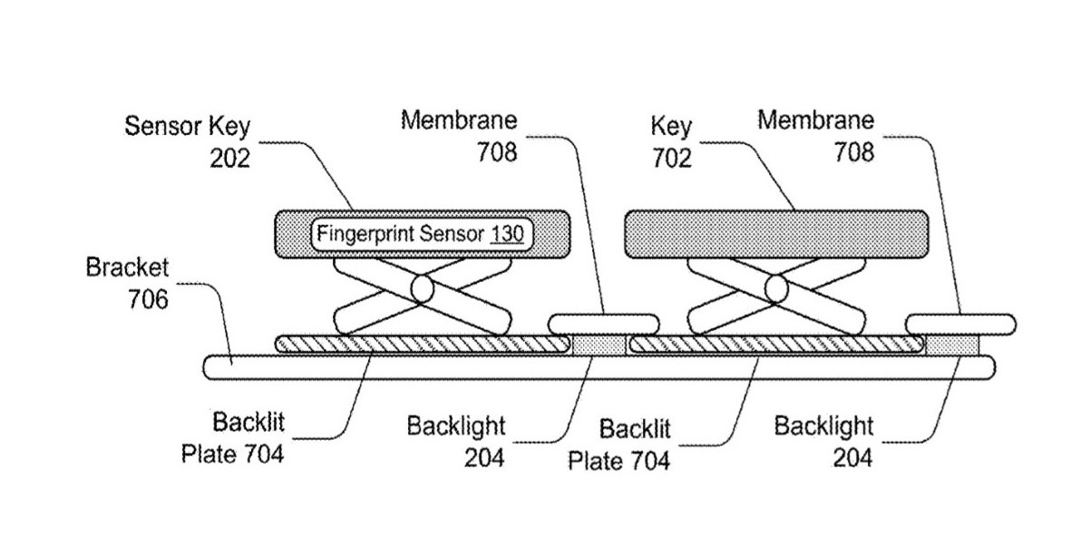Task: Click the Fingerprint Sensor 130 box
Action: click(423, 232)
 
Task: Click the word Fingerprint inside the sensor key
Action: click(366, 232)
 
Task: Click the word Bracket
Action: click(127, 268)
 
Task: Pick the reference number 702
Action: click(671, 158)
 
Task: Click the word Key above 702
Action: click(671, 127)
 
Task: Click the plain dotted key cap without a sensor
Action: click(775, 232)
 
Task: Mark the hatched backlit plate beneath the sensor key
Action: click(423, 344)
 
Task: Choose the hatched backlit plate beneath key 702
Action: click(775, 344)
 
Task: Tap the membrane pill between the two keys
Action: click(604, 322)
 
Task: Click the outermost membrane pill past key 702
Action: click(960, 323)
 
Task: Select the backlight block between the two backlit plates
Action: click(598, 345)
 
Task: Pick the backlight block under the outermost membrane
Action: click(952, 345)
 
